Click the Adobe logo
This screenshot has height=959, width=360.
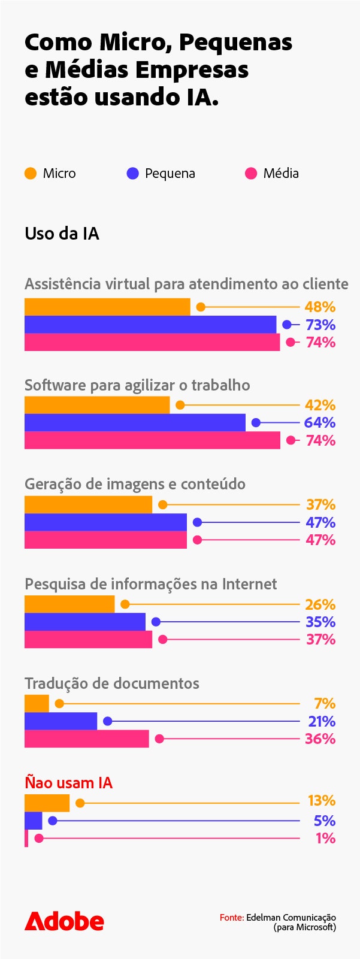click(64, 921)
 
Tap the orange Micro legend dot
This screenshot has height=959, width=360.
click(31, 174)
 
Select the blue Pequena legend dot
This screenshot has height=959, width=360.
click(133, 174)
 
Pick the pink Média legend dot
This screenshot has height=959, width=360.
click(251, 174)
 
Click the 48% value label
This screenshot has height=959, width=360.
click(319, 307)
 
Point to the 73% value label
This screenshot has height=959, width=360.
click(320, 325)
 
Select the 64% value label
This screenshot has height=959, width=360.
click(319, 422)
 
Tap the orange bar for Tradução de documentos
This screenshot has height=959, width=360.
click(37, 703)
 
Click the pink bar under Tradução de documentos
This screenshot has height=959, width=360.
click(86, 739)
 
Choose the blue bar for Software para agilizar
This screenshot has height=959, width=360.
click(135, 422)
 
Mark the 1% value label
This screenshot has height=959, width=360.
click(325, 838)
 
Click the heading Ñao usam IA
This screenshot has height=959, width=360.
click(68, 783)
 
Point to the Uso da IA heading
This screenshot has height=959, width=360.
click(62, 234)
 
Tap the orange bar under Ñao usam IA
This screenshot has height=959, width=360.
click(47, 803)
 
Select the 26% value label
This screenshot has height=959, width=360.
click(320, 604)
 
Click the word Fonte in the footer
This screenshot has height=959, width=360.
click(231, 918)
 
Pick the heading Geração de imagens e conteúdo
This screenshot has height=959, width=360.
click(135, 484)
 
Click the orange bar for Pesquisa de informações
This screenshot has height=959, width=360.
click(69, 604)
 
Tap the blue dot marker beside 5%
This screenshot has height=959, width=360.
click(52, 821)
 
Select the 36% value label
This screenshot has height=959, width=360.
click(320, 739)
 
